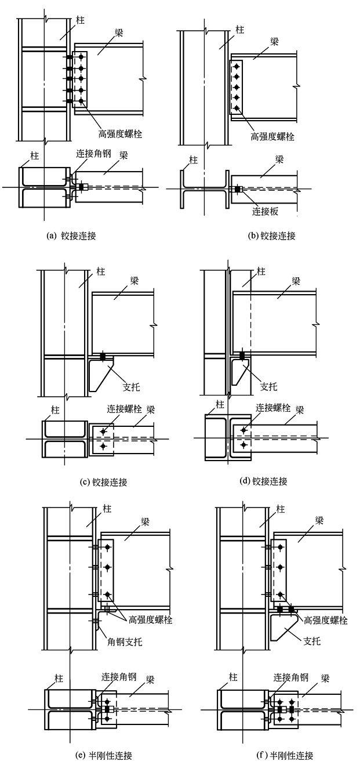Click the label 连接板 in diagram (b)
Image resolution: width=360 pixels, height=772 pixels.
coord(265,212)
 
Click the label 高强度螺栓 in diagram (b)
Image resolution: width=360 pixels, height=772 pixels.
coord(272,137)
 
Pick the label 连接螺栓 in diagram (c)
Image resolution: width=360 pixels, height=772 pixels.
coord(125,408)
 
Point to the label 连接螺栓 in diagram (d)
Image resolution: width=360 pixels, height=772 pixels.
coord(273,408)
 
